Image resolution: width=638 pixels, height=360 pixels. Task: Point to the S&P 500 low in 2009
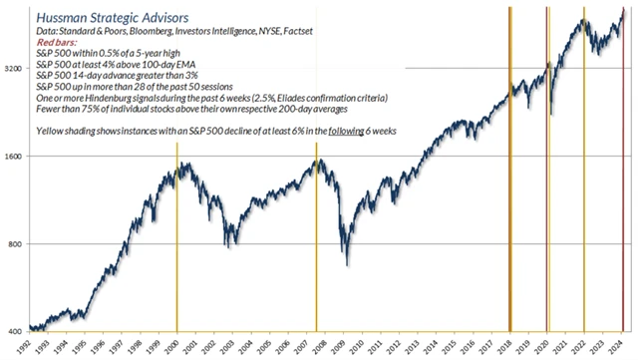(x=347, y=265)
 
